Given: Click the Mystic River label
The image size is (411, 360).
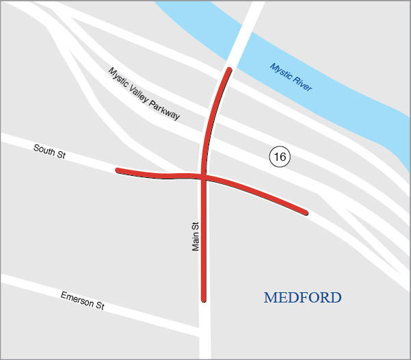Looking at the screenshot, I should pos(291,77).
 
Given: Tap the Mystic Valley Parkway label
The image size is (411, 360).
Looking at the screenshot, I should pos(144,94).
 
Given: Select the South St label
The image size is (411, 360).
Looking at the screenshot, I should pos(49,151).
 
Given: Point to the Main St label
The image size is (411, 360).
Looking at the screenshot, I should pos(196,235).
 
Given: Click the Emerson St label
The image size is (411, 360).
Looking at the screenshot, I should pos(82,300).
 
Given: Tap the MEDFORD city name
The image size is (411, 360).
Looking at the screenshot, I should pos(302,298).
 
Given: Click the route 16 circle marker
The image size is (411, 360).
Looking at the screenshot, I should pos(279,157).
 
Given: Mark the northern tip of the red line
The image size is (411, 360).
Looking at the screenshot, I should pos(229,70).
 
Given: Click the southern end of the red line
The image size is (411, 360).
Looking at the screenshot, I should pos(204,298).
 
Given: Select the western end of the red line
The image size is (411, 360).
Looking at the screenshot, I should pos(118,170).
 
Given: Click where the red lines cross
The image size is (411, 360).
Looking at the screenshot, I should pos(204,177).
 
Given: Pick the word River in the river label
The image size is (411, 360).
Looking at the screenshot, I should pos(301,85).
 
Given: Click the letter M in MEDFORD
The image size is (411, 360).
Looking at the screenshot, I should pos(269,298).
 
